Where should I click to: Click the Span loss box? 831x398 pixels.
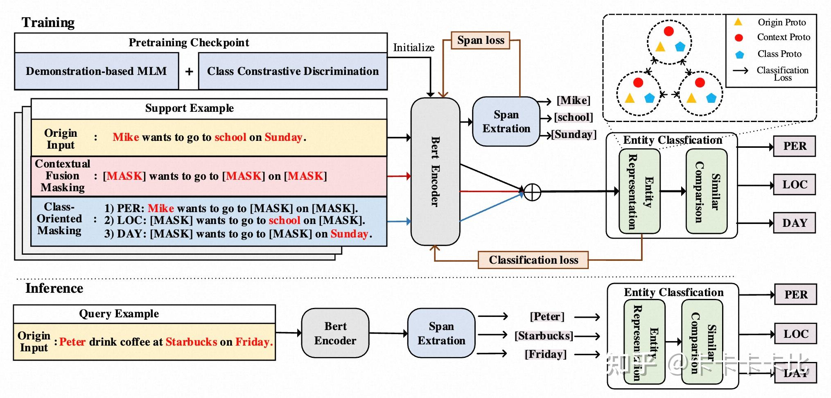[x=481, y=41]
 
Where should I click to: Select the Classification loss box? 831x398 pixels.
[x=533, y=260]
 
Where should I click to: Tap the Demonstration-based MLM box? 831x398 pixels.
[x=96, y=71]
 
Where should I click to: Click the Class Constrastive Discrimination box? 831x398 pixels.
[x=293, y=71]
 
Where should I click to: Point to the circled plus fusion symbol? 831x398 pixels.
[x=532, y=192]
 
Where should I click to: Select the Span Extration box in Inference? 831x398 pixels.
[x=441, y=333]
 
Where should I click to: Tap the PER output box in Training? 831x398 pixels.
[x=794, y=146]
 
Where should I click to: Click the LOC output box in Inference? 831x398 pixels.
[x=795, y=334]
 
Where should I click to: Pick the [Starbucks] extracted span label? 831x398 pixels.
[x=544, y=336]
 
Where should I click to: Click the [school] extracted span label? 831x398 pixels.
[x=573, y=118]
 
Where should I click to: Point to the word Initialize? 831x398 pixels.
[x=413, y=48]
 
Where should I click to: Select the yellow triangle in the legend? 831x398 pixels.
[x=738, y=22]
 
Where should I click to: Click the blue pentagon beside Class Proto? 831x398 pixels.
[x=739, y=54]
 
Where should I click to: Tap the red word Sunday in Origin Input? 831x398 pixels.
[x=283, y=137]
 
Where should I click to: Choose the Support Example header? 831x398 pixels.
[x=190, y=108]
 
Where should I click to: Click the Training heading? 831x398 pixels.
[x=48, y=23]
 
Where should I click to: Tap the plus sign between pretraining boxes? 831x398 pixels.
[x=189, y=72]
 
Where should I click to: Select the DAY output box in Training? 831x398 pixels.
[x=794, y=223]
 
